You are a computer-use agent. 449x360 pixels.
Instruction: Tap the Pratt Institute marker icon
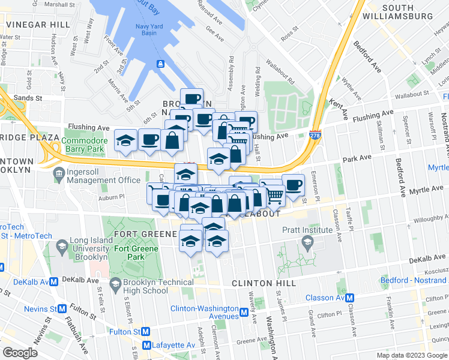(x=308, y=243)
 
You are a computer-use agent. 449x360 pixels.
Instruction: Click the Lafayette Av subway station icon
(x=146, y=345)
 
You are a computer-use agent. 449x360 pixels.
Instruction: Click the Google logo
(x=20, y=353)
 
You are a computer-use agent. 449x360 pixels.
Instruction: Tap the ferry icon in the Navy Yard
(x=160, y=64)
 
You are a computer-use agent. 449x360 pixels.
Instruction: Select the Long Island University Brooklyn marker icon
(x=62, y=247)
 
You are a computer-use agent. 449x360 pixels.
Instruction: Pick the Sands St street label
(x=28, y=97)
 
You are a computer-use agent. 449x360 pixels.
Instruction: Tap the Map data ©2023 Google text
(x=411, y=355)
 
